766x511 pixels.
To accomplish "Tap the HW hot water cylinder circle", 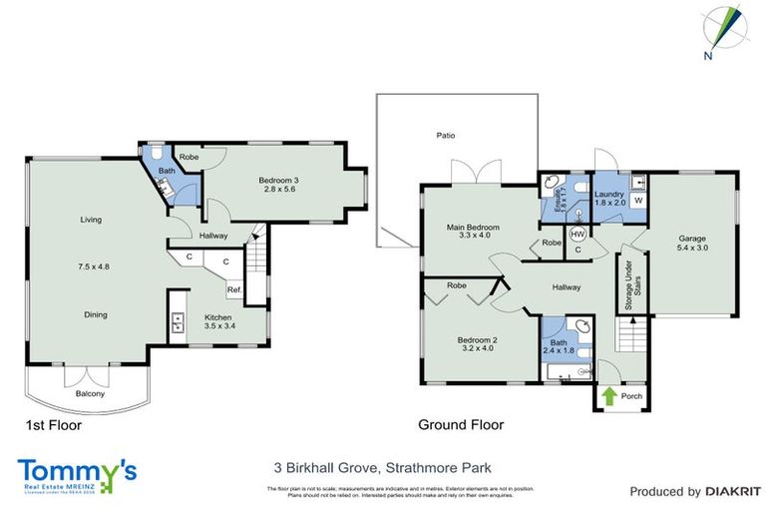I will pyautogui.click(x=576, y=235).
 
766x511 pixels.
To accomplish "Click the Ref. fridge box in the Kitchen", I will pyautogui.click(x=235, y=290).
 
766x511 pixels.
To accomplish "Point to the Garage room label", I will pyautogui.click(x=692, y=239).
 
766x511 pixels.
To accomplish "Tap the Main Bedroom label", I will pyautogui.click(x=473, y=228).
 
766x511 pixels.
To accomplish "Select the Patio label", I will pyautogui.click(x=445, y=135).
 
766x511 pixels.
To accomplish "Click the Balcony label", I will pyautogui.click(x=91, y=394).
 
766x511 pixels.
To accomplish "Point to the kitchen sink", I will pyautogui.click(x=178, y=321).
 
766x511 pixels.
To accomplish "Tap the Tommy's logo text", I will pyautogui.click(x=77, y=470).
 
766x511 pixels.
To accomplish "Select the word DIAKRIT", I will pyautogui.click(x=733, y=491).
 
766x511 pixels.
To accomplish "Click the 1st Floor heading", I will pyautogui.click(x=53, y=425).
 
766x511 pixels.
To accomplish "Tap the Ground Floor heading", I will pyautogui.click(x=460, y=424).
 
